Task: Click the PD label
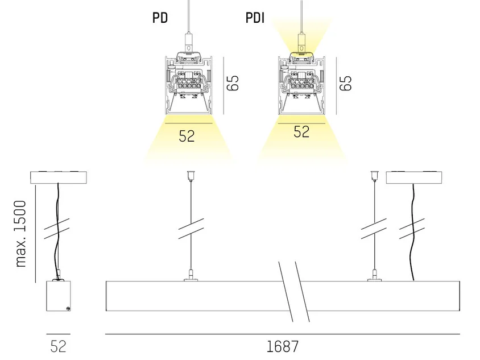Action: [160, 18]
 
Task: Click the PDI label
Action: [255, 18]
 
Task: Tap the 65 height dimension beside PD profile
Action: [233, 83]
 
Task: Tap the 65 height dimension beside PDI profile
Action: [346, 83]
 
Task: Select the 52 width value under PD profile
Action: [187, 136]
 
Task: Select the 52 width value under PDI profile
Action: [301, 131]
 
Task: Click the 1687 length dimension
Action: [282, 346]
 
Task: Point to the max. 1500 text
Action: [20, 234]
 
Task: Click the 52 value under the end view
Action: [58, 346]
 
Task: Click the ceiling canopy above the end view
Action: [59, 177]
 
